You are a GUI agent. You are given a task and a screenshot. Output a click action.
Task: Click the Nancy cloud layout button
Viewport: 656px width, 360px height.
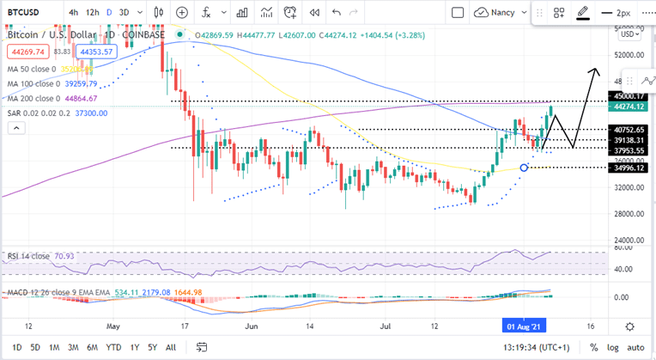[495, 13]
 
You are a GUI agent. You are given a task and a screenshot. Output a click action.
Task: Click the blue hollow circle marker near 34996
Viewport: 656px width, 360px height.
[524, 167]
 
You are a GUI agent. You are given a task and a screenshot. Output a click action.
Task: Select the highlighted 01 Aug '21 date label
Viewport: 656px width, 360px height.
[523, 327]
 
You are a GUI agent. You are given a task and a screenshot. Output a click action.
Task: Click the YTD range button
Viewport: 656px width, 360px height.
[112, 347]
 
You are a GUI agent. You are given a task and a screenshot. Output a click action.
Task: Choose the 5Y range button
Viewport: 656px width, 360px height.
[152, 347]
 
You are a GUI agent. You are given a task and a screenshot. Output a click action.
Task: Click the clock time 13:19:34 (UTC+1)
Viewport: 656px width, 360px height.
[537, 347]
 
